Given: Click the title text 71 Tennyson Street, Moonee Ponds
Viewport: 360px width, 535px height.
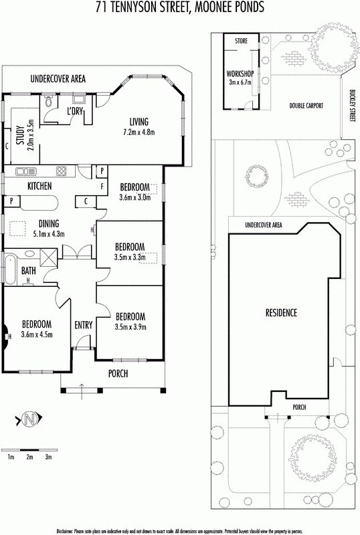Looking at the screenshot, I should (179, 7).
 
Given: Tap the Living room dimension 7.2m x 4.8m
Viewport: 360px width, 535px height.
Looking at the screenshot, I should (139, 132).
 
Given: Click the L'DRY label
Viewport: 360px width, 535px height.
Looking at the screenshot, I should (74, 112).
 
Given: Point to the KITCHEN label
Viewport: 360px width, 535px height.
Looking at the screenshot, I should (40, 185).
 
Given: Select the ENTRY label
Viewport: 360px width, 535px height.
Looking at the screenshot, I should (84, 325).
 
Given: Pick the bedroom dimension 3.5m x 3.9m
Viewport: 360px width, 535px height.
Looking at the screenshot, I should (129, 327).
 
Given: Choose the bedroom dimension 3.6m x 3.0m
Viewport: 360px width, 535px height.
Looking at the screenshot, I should (134, 197).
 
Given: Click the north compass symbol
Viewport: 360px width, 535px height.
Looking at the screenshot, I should (28, 420).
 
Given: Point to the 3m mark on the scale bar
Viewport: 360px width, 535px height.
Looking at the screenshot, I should (48, 457).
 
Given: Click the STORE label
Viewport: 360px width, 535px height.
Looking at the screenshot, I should (241, 41).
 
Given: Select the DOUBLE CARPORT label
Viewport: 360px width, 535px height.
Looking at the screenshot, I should (306, 106).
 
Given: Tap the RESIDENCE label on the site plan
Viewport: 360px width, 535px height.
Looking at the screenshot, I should (280, 313).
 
